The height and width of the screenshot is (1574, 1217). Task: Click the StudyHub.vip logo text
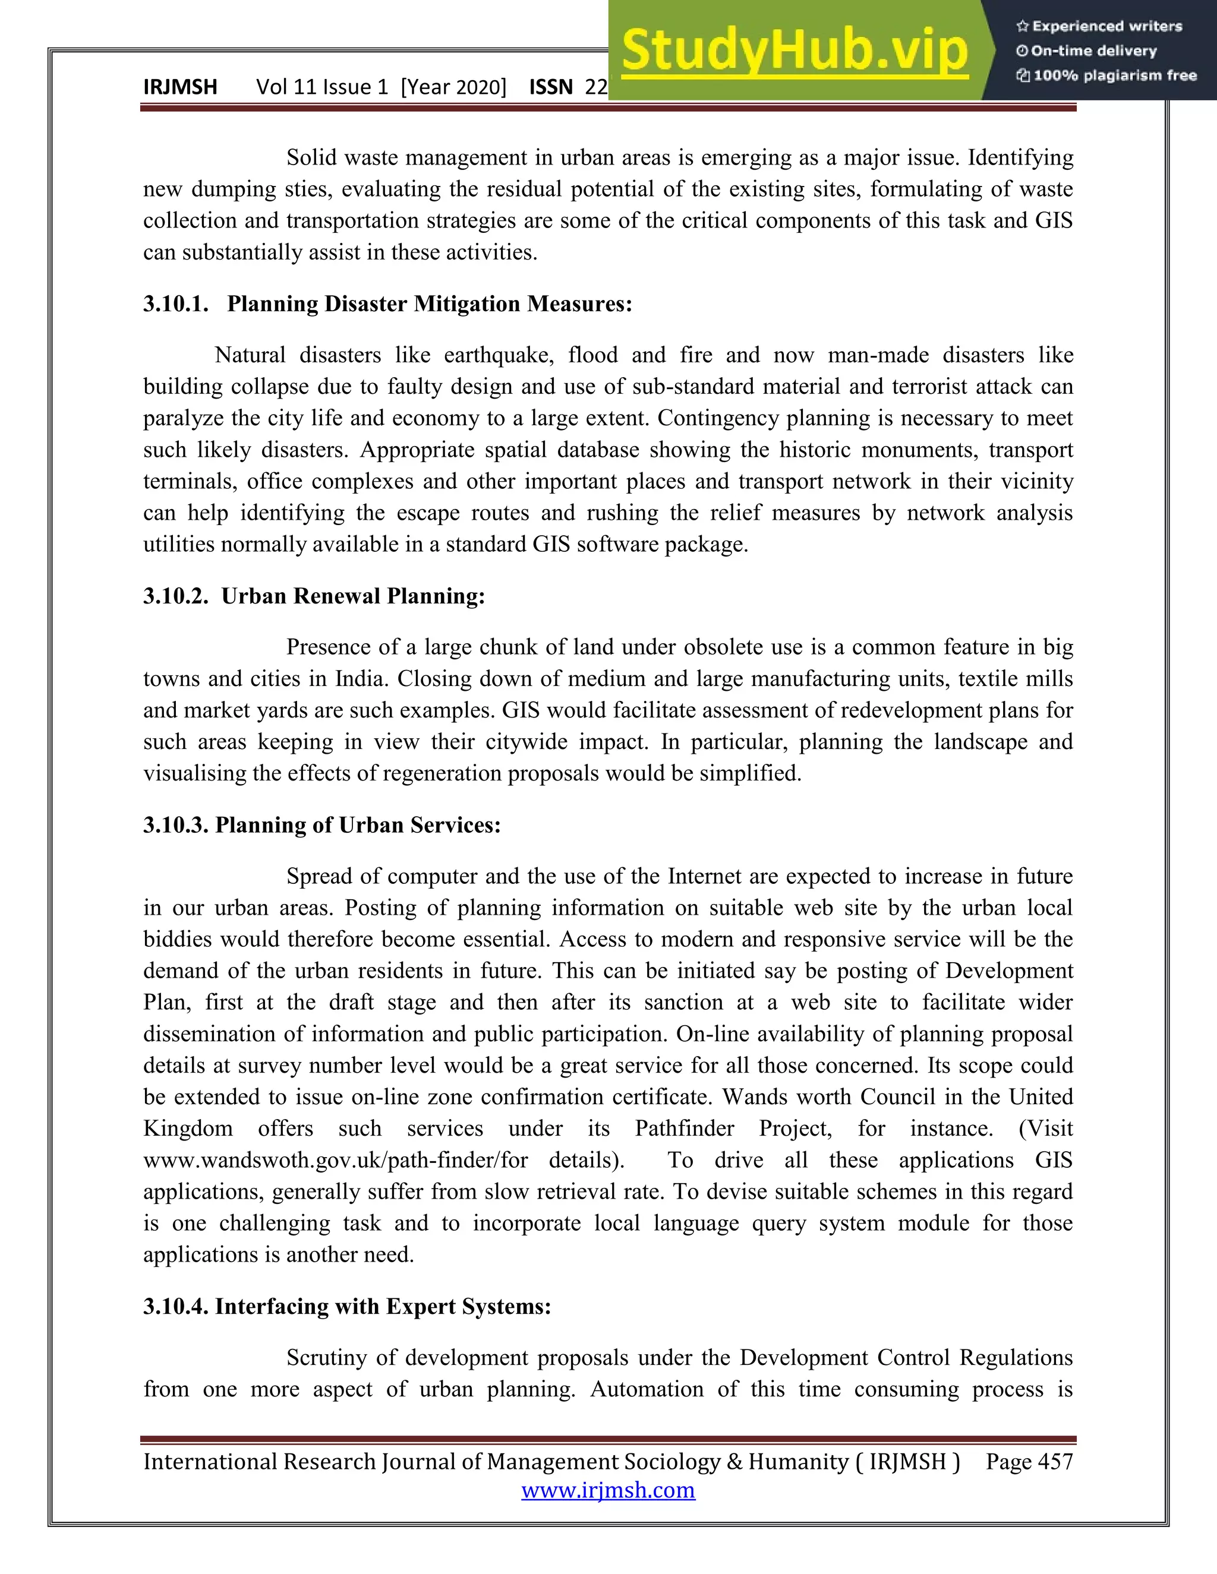(x=794, y=50)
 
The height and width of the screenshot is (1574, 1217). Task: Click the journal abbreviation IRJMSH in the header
(x=180, y=87)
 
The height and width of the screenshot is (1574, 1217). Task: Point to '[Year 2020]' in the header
(x=453, y=87)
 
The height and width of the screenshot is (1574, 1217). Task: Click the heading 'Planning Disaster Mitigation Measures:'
(x=430, y=304)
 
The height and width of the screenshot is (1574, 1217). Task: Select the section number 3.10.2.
(x=175, y=596)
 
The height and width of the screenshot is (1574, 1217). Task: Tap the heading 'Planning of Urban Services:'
(x=358, y=824)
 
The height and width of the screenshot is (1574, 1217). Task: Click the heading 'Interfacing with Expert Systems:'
(x=383, y=1307)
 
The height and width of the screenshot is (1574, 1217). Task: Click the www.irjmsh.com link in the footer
(x=608, y=1490)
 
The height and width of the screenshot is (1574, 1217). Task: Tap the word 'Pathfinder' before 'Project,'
(x=684, y=1129)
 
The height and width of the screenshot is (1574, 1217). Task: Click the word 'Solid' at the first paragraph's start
(x=311, y=157)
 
